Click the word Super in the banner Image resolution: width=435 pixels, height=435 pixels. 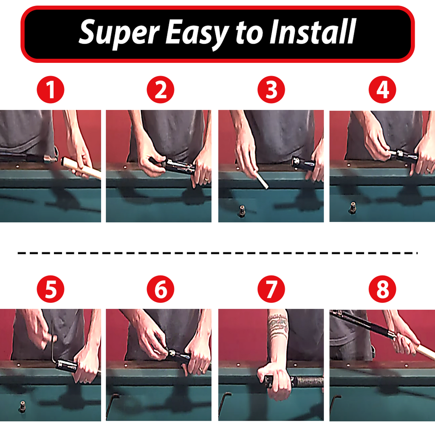(119, 33)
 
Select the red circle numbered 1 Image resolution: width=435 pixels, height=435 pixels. (50, 90)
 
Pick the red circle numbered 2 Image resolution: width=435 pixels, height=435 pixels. (160, 90)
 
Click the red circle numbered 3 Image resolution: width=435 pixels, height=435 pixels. (271, 90)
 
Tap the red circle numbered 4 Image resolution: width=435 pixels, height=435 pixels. (382, 90)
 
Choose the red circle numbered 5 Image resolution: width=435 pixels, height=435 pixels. (50, 289)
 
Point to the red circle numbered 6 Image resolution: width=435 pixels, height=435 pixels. (160, 289)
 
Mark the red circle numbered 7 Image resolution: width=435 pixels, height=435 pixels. (271, 289)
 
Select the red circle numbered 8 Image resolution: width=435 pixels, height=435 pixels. (382, 289)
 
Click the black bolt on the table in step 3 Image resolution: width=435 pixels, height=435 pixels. (242, 211)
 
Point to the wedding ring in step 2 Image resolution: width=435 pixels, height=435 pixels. (206, 179)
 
